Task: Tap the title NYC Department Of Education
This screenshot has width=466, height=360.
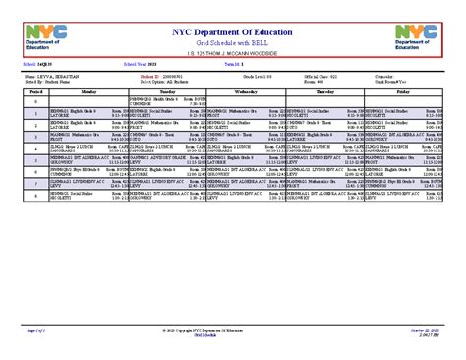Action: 233,30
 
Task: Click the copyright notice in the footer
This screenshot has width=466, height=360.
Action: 233,332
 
